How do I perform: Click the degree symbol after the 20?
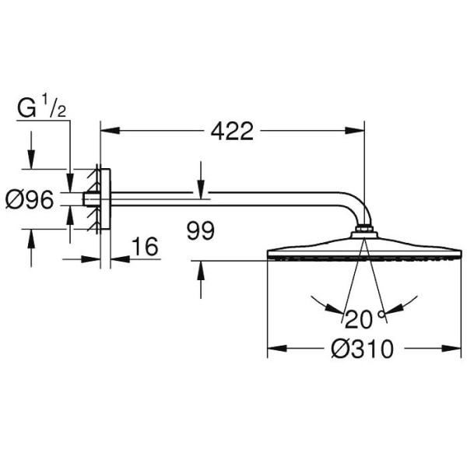[x=381, y=314]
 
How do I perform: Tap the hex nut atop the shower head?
[x=363, y=230]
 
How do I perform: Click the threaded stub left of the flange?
[x=91, y=199]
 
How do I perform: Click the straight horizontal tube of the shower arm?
[x=233, y=196]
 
